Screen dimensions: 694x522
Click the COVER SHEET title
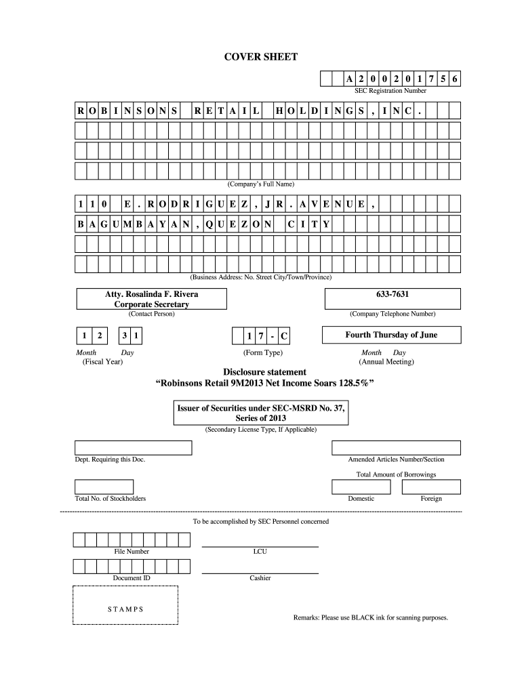261,57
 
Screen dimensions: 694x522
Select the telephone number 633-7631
393,295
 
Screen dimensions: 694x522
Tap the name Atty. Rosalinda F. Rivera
151,295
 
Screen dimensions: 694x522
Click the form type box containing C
283,337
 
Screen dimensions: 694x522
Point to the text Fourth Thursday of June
392,335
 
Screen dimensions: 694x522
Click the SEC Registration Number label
390,91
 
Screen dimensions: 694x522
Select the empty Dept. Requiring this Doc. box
133,447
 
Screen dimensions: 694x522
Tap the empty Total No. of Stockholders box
104,487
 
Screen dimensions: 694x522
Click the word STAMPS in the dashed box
125,609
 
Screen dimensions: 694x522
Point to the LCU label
260,552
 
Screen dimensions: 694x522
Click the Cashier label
260,578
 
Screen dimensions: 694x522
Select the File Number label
132,552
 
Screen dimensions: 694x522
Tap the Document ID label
132,578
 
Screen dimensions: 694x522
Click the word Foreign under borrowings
431,499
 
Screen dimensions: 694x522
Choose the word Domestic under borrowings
361,499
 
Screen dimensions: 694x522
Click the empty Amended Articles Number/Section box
396,447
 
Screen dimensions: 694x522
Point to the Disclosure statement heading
265,372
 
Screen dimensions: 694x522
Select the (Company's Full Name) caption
260,184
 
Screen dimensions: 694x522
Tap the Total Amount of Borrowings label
396,474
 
